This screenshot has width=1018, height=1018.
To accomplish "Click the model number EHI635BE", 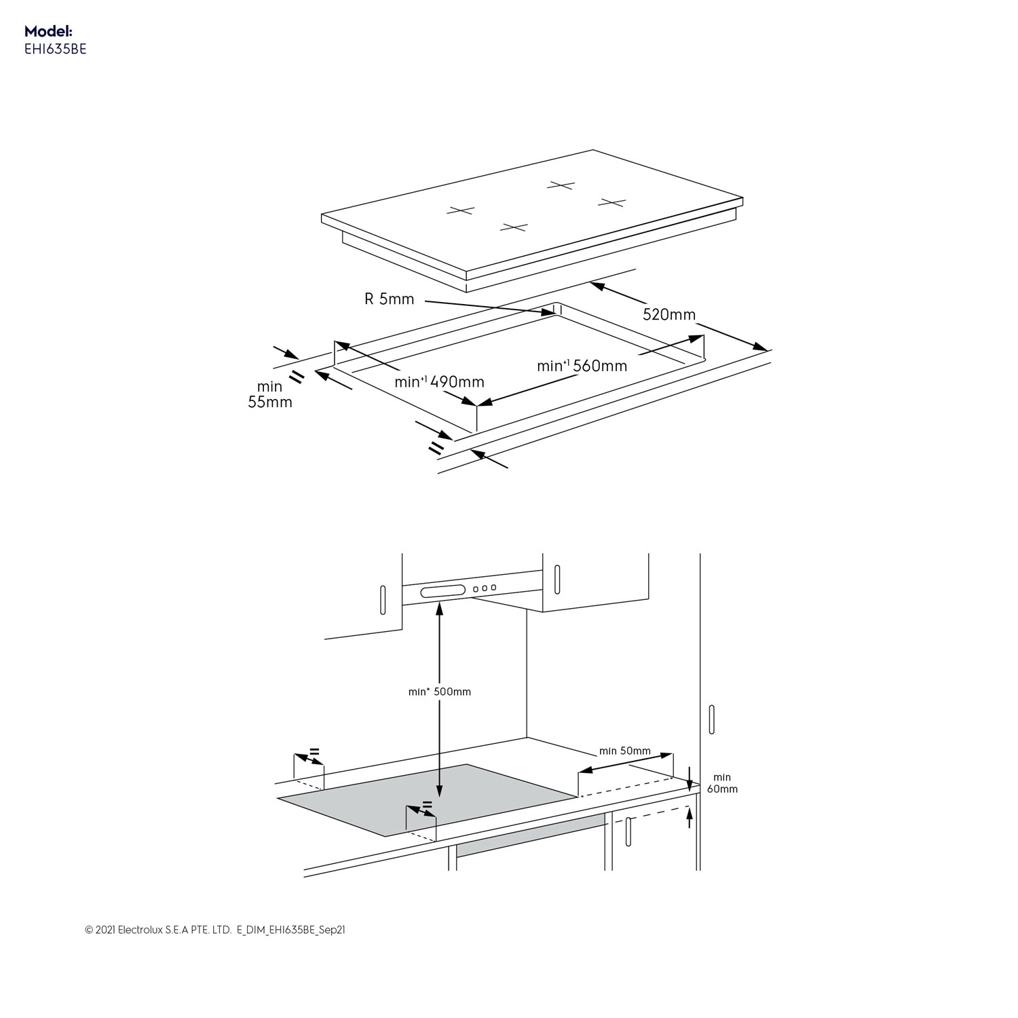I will click(x=56, y=50).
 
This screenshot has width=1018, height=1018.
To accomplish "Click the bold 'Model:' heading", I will click(x=48, y=31).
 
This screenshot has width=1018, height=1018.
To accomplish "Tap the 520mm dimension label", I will click(x=669, y=314).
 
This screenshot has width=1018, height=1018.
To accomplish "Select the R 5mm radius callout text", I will click(x=389, y=299).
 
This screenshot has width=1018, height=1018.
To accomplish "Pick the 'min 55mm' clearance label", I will click(x=269, y=394).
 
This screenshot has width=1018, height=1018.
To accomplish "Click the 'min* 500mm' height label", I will click(x=439, y=692).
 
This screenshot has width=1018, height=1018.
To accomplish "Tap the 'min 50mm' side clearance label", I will click(x=624, y=751).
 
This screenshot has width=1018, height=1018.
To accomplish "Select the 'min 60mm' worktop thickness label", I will click(x=722, y=783).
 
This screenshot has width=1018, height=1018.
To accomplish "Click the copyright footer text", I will click(x=214, y=930).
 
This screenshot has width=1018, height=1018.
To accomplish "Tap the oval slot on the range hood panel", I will click(x=442, y=591).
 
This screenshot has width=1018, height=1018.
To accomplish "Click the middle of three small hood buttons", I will click(x=485, y=588).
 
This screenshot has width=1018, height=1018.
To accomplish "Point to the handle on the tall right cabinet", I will click(x=711, y=719).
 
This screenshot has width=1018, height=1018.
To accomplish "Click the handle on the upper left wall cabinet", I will click(x=383, y=599).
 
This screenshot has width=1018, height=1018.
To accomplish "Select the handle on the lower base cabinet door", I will click(x=628, y=831).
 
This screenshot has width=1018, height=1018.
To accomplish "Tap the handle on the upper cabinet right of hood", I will click(x=557, y=579).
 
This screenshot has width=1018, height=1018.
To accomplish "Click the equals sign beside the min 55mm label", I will click(x=297, y=377).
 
